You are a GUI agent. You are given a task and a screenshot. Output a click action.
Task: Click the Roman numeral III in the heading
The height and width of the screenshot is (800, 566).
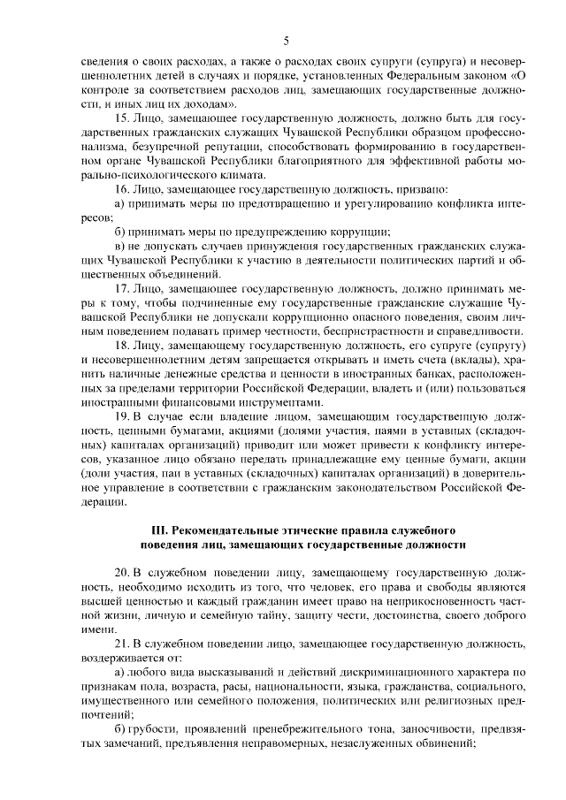click(160, 530)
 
